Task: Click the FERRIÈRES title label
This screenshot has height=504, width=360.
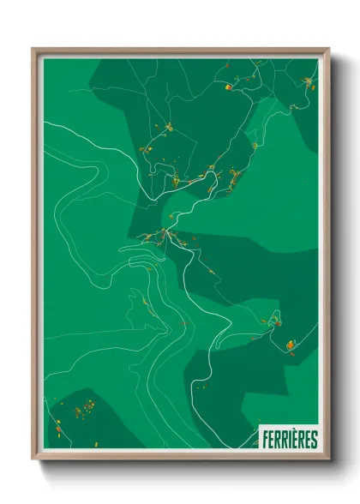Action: (x=288, y=440)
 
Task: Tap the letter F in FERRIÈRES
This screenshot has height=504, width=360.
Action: (x=263, y=440)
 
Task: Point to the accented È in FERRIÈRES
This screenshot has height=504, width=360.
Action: (x=294, y=440)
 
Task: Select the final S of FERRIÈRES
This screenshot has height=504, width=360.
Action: (x=314, y=440)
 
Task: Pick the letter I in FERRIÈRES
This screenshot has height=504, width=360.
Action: (x=288, y=440)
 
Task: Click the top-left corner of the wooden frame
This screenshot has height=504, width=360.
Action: (x=33, y=49)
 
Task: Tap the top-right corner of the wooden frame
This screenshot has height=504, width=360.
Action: (x=328, y=49)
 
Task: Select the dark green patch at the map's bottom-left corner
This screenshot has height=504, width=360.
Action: (x=86, y=424)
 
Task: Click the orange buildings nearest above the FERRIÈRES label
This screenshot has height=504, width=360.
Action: (x=290, y=345)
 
